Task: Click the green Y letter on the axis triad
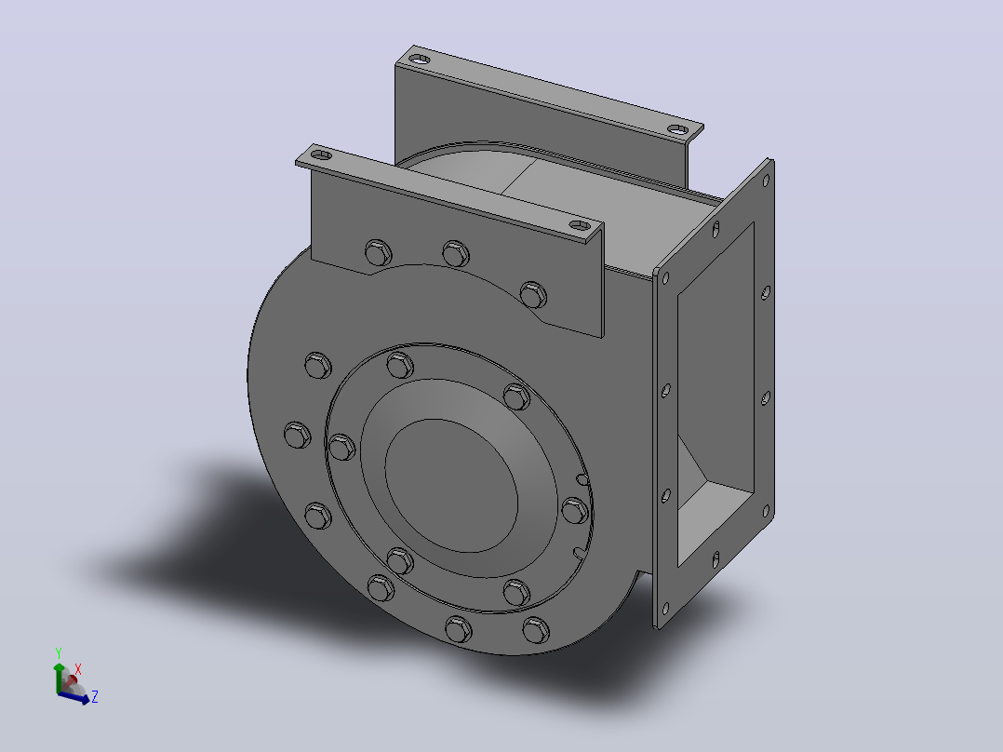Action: (x=59, y=653)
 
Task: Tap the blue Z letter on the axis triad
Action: (x=95, y=696)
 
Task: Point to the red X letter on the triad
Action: (x=78, y=669)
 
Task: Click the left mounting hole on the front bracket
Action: (x=321, y=154)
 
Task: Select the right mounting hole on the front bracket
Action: (x=580, y=225)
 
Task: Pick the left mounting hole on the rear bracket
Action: (x=420, y=59)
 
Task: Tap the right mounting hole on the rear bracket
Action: (x=678, y=129)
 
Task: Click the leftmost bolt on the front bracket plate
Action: (x=378, y=253)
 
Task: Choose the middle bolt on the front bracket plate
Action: (x=456, y=254)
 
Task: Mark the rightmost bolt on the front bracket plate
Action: (x=533, y=295)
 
